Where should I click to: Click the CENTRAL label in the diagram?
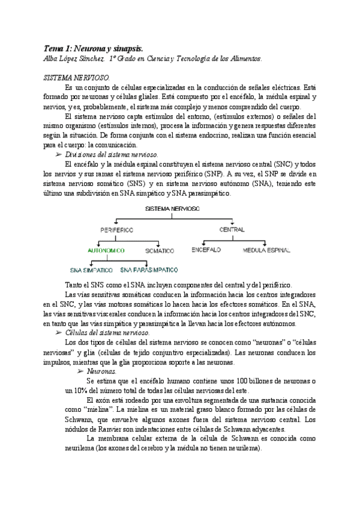pos(232,230)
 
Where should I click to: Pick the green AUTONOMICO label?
pos(106,250)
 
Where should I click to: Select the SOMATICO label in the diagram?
pos(159,250)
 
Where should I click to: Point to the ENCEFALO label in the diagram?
pos(206,248)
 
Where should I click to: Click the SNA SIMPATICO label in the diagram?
pos(91,270)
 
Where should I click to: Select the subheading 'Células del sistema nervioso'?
pos(107,332)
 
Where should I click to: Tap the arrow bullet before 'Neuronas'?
pos(80,372)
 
